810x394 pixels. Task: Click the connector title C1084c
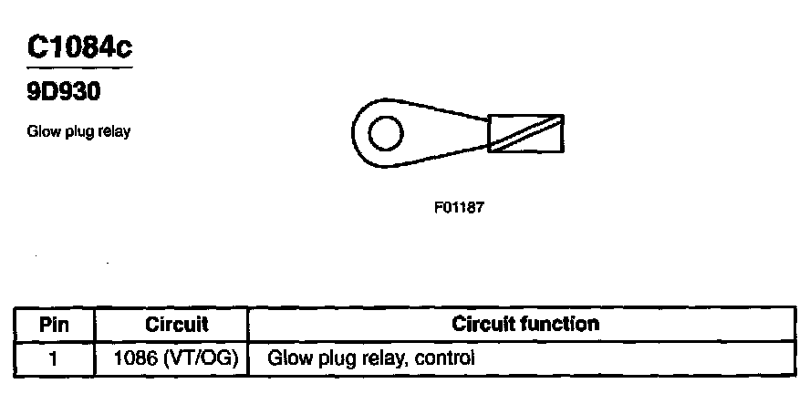tap(79, 47)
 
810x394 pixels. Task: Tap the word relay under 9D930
tap(116, 131)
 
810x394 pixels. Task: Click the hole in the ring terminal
tap(385, 134)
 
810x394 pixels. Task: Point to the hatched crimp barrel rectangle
tap(526, 134)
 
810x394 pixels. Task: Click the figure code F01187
tap(459, 207)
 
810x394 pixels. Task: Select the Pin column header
tap(54, 324)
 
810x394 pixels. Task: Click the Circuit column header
tap(177, 324)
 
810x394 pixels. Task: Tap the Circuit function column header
tap(526, 324)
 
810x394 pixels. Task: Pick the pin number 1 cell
tap(54, 358)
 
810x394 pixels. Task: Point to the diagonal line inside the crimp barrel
tap(526, 133)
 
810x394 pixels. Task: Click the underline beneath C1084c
tap(79, 67)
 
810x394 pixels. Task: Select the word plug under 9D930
tap(80, 132)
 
